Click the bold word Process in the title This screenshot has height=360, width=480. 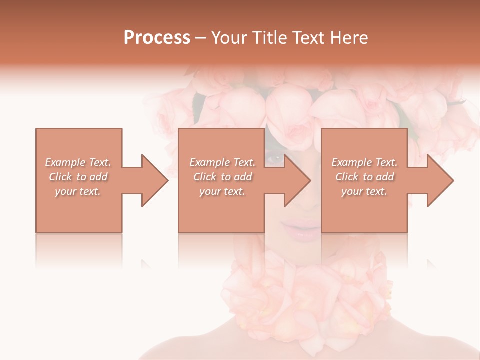[x=157, y=38]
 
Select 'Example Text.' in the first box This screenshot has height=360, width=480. [x=78, y=162]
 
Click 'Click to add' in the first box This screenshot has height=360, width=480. [x=78, y=177]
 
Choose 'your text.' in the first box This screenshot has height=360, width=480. [x=78, y=191]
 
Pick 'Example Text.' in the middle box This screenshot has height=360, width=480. [x=222, y=162]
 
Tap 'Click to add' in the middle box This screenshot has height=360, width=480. [x=222, y=177]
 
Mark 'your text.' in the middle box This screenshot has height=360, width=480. [x=222, y=191]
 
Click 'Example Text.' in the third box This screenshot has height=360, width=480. [x=364, y=162]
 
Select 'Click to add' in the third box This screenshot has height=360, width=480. [x=364, y=177]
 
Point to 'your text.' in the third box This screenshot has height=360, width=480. [x=364, y=191]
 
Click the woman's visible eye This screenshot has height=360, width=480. [x=274, y=159]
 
